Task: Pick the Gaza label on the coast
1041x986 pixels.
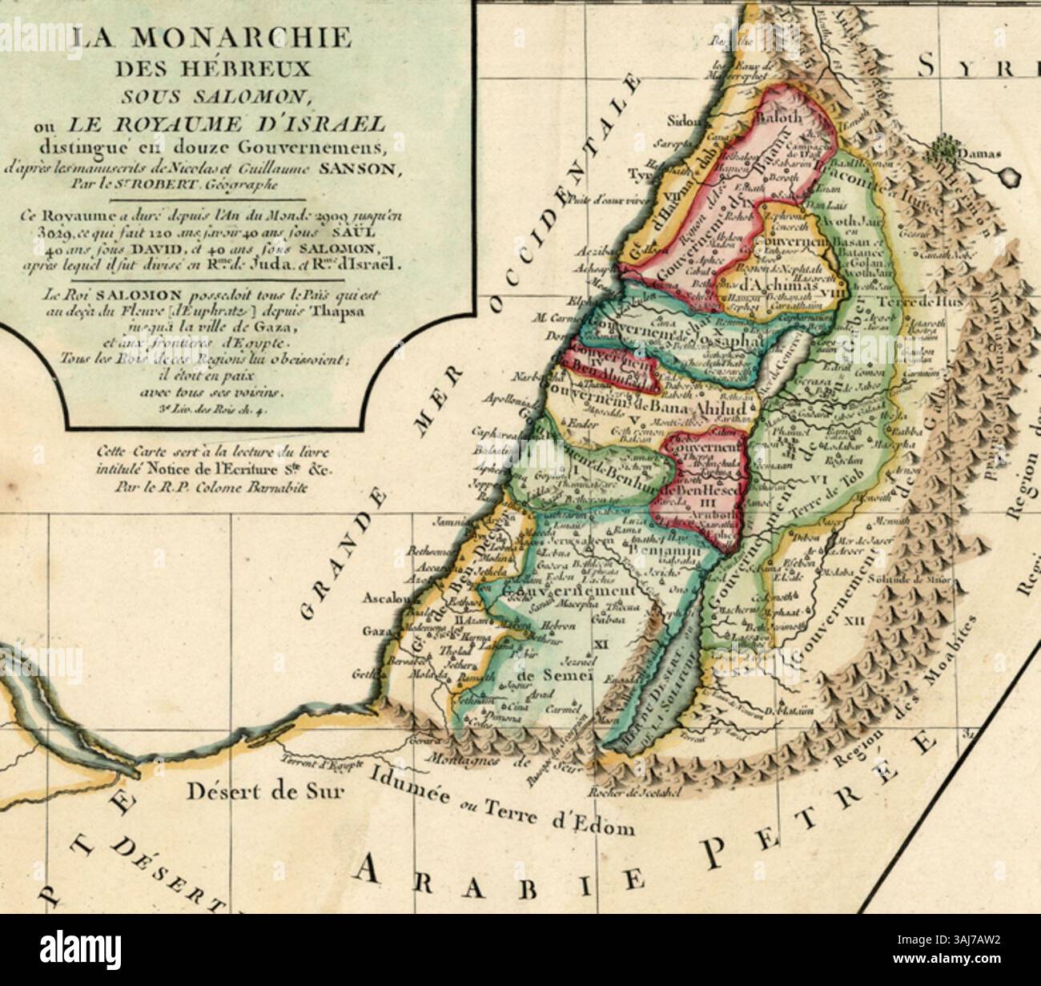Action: pos(377,633)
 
